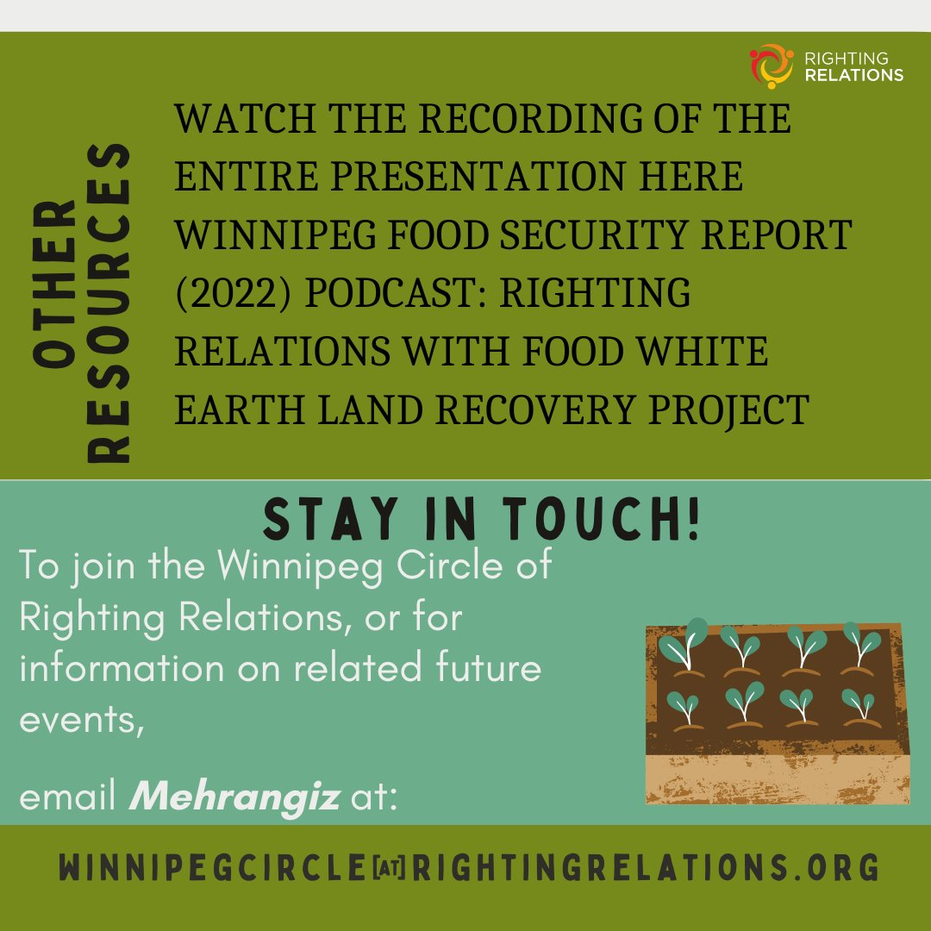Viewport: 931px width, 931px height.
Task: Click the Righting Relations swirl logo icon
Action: (x=772, y=66)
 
